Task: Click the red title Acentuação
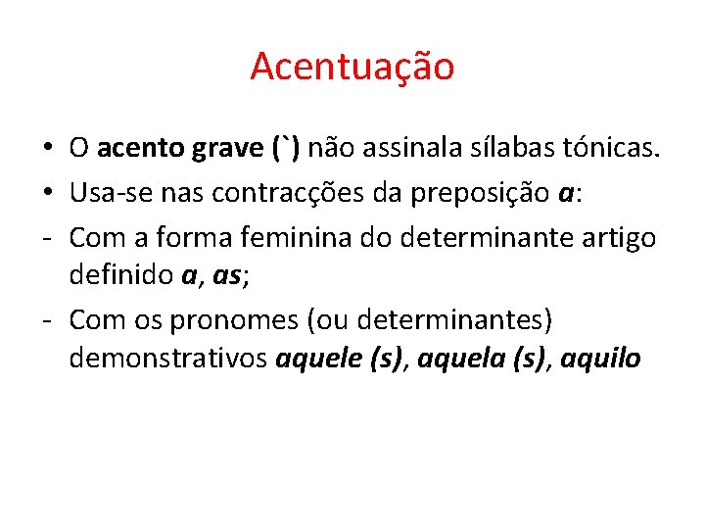[x=352, y=67]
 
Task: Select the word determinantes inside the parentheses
[x=459, y=320]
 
